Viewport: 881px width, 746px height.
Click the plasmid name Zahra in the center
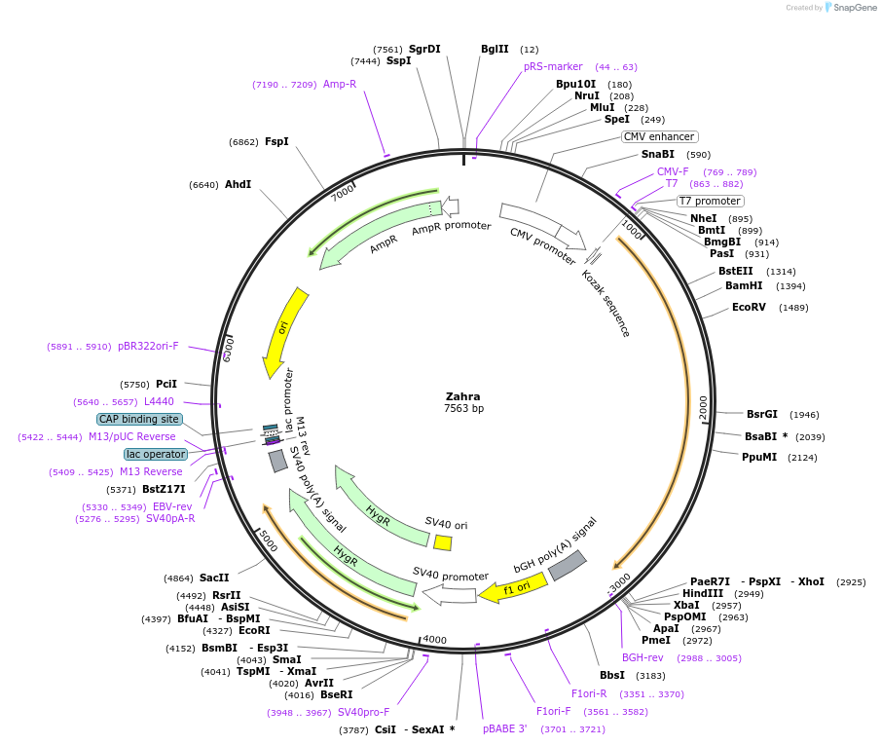point(463,396)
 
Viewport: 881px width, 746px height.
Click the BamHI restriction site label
point(745,285)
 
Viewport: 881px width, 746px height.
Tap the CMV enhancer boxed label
point(659,136)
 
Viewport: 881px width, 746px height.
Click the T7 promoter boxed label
point(710,202)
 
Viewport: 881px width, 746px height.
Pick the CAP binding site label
point(139,419)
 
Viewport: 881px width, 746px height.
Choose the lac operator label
point(154,454)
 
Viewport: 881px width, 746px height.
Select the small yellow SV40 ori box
point(442,542)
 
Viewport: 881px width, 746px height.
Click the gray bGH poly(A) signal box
point(568,566)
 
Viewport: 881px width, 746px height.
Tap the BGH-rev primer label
point(642,657)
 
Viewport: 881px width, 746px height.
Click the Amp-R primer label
point(340,84)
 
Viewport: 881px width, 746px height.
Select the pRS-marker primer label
point(553,66)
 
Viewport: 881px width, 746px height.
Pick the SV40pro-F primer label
point(363,712)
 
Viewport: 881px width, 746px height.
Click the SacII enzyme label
point(214,578)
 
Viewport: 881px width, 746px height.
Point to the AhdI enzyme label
point(238,184)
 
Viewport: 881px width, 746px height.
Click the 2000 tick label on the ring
point(705,408)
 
